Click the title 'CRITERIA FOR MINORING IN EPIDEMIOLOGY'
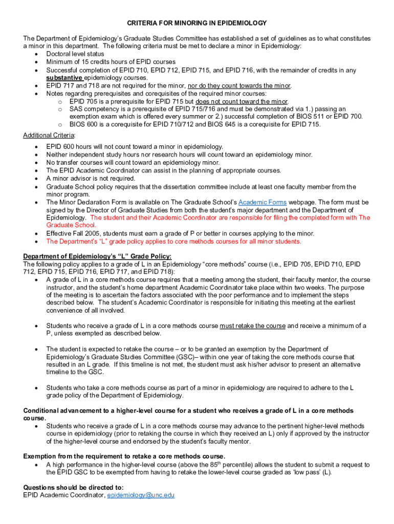tap(196, 23)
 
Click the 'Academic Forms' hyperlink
tap(262, 202)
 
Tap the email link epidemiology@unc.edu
tap(141, 496)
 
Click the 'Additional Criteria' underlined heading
tap(49, 135)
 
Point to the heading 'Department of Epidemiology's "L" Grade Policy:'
tap(97, 256)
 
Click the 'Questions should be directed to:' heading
tap(73, 488)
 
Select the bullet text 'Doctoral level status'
tap(75, 54)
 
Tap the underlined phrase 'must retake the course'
tap(252, 326)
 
